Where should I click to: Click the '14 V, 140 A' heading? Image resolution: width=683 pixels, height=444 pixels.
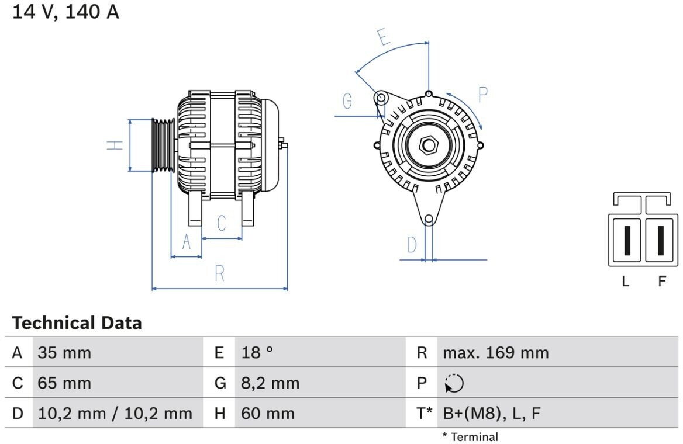[x=65, y=12]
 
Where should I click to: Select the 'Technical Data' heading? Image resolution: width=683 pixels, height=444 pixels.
[x=77, y=322]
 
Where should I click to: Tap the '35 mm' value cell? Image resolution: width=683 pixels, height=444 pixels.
[x=64, y=353]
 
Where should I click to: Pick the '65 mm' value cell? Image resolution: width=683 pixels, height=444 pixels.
[x=64, y=383]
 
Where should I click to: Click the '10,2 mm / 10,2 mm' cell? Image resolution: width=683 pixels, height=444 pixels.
[x=115, y=414]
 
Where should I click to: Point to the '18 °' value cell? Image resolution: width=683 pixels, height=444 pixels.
[x=257, y=353]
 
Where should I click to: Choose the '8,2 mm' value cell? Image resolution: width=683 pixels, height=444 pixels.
[x=270, y=383]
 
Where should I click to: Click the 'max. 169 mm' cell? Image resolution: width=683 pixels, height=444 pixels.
[x=496, y=353]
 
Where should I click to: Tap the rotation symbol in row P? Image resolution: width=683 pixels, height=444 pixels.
[x=454, y=384]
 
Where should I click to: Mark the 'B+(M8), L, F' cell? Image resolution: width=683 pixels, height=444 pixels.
[x=491, y=414]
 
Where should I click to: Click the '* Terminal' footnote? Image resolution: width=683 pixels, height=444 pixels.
[x=470, y=437]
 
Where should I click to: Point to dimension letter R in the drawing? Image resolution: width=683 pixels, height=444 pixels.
[x=219, y=273]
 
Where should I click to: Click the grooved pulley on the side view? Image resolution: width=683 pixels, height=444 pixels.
[x=163, y=145]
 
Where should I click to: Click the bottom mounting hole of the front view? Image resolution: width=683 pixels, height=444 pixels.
[x=429, y=219]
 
